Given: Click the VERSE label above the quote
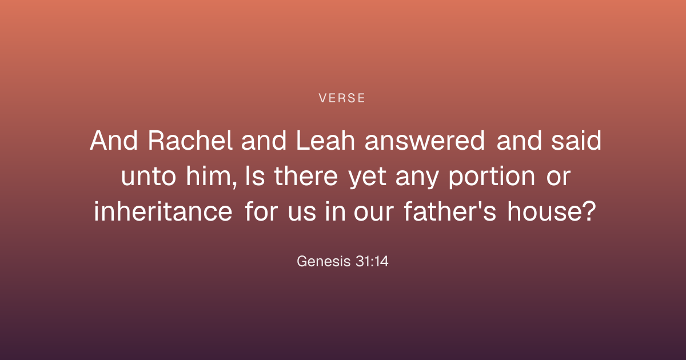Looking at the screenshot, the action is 342,98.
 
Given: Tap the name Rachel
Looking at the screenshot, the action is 190,141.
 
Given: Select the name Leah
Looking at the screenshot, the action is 325,141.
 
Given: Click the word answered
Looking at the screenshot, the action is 425,141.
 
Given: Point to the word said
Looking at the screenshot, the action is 576,141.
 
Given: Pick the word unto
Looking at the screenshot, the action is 149,177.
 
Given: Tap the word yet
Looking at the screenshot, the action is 368,178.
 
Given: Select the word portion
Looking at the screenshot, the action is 492,178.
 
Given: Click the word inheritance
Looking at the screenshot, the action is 163,211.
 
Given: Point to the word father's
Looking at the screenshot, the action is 450,211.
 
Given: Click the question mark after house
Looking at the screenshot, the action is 590,211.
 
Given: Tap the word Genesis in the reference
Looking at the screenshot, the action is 324,262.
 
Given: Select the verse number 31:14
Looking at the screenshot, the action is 372,262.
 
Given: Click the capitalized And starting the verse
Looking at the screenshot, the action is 114,141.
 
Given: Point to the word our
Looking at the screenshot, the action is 374,212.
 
